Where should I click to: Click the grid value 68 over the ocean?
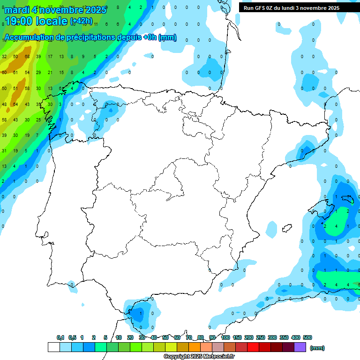pyautogui.click(x=27, y=57)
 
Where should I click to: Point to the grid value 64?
pyautogui.click(x=15, y=104)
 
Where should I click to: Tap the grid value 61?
pyautogui.click(x=15, y=73)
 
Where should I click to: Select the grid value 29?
pyautogui.click(x=38, y=73)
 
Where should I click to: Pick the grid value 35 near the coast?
pyautogui.click(x=38, y=104)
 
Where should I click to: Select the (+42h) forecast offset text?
pyautogui.click(x=81, y=21)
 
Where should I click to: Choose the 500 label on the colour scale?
pyautogui.click(x=307, y=337)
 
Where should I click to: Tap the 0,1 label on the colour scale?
pyautogui.click(x=60, y=337)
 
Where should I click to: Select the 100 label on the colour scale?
pyautogui.click(x=225, y=337)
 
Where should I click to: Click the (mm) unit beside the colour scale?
pyautogui.click(x=317, y=348)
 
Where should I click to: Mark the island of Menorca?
pyautogui.click(x=349, y=200)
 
